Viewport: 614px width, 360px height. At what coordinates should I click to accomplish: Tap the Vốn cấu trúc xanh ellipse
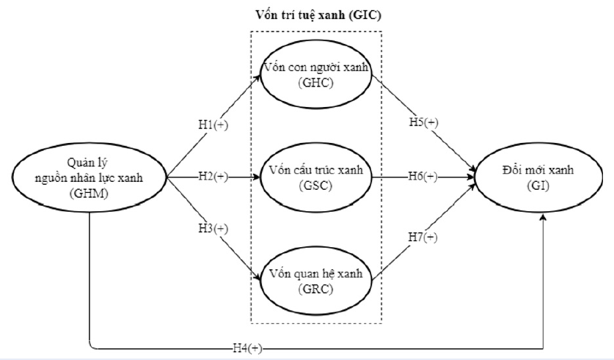[317, 177]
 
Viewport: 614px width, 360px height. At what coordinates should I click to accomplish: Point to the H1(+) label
[212, 125]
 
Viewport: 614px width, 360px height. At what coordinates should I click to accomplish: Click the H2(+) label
[212, 177]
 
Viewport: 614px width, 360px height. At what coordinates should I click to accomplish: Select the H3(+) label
[212, 229]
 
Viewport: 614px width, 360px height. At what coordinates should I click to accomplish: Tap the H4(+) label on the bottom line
[246, 348]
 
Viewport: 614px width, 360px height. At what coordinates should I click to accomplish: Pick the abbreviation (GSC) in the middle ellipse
[317, 186]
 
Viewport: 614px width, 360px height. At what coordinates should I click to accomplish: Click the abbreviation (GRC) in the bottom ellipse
[317, 289]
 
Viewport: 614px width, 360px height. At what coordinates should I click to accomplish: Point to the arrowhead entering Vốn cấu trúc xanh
[257, 177]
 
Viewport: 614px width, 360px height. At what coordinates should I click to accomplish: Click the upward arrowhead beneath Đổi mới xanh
[544, 218]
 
